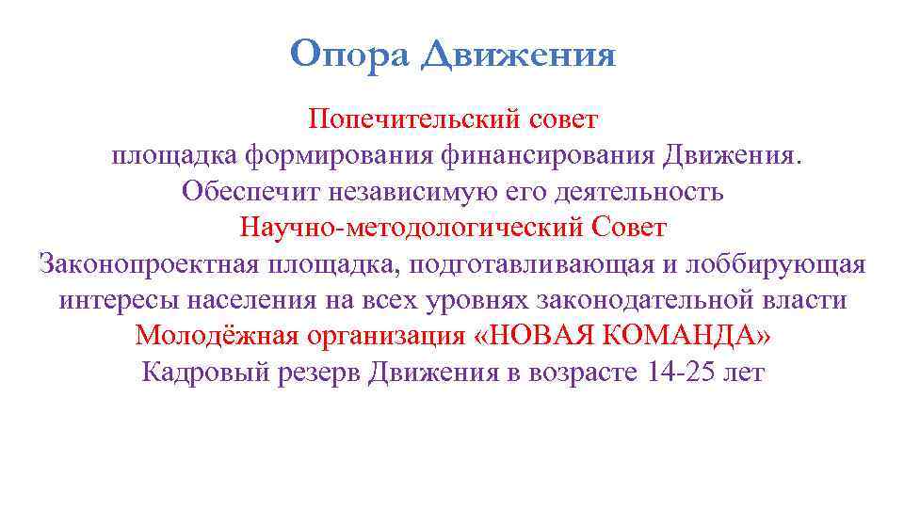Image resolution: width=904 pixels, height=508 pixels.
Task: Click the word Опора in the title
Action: [x=348, y=55]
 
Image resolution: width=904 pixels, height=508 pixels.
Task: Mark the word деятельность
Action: [x=618, y=191]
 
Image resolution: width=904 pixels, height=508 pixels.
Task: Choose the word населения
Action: [x=254, y=300]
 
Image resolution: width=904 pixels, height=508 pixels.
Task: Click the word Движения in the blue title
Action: [x=518, y=55]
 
